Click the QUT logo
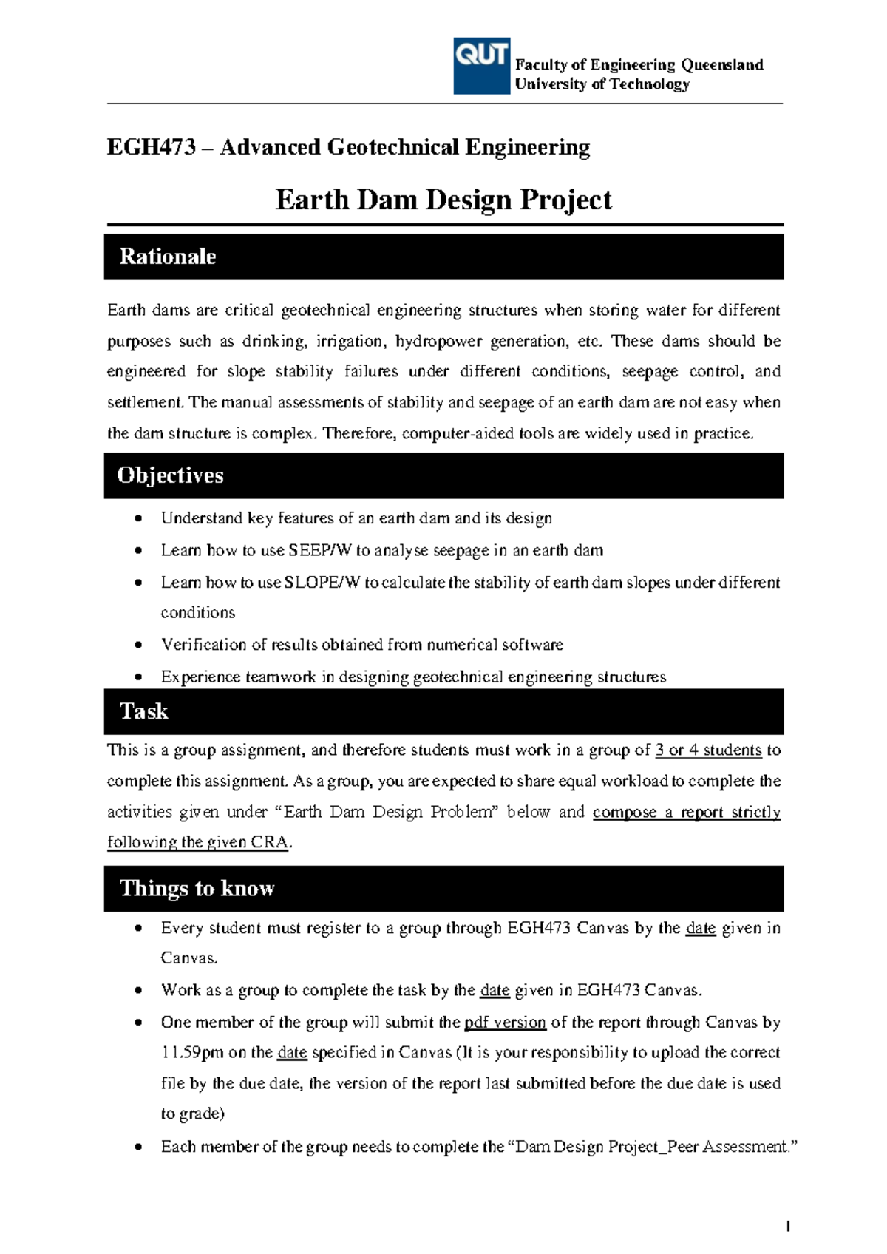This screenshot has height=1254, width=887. [481, 66]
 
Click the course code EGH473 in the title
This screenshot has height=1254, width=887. [151, 147]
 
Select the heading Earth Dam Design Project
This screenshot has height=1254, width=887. [443, 200]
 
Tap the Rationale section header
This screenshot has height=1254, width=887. [168, 257]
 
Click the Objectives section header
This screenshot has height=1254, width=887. [170, 475]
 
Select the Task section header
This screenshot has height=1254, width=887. [144, 711]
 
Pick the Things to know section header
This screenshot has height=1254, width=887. [197, 888]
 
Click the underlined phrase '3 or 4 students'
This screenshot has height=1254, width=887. [708, 750]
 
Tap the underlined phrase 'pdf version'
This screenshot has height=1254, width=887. [505, 1023]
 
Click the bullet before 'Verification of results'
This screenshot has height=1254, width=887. [138, 645]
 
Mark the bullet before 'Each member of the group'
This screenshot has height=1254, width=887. [138, 1148]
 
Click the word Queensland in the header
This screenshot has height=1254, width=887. [722, 65]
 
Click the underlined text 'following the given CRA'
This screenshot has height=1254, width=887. [198, 842]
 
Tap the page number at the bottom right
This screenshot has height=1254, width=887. [788, 1227]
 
